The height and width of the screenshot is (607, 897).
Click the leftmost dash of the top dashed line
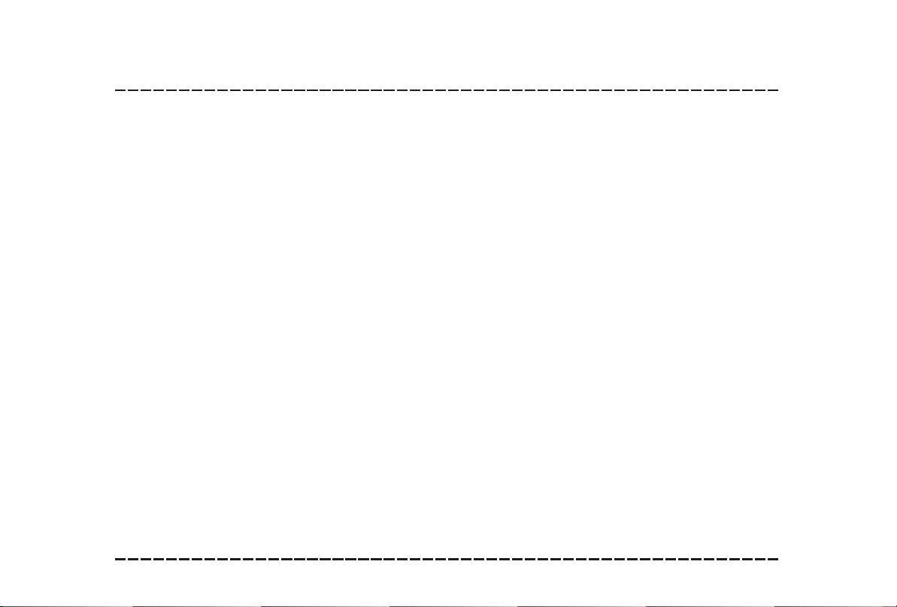point(120,90)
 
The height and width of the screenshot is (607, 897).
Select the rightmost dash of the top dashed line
point(773,90)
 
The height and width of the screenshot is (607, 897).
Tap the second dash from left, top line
point(133,90)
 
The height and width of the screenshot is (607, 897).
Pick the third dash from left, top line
point(146,90)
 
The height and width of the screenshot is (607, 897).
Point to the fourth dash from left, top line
point(159,90)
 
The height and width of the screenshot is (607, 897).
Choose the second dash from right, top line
point(760,90)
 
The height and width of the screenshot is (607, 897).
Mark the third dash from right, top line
point(747,90)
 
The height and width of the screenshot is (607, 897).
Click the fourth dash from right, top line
point(735,90)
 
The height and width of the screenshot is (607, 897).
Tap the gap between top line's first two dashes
point(126,90)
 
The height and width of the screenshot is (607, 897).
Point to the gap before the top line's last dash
point(766,90)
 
